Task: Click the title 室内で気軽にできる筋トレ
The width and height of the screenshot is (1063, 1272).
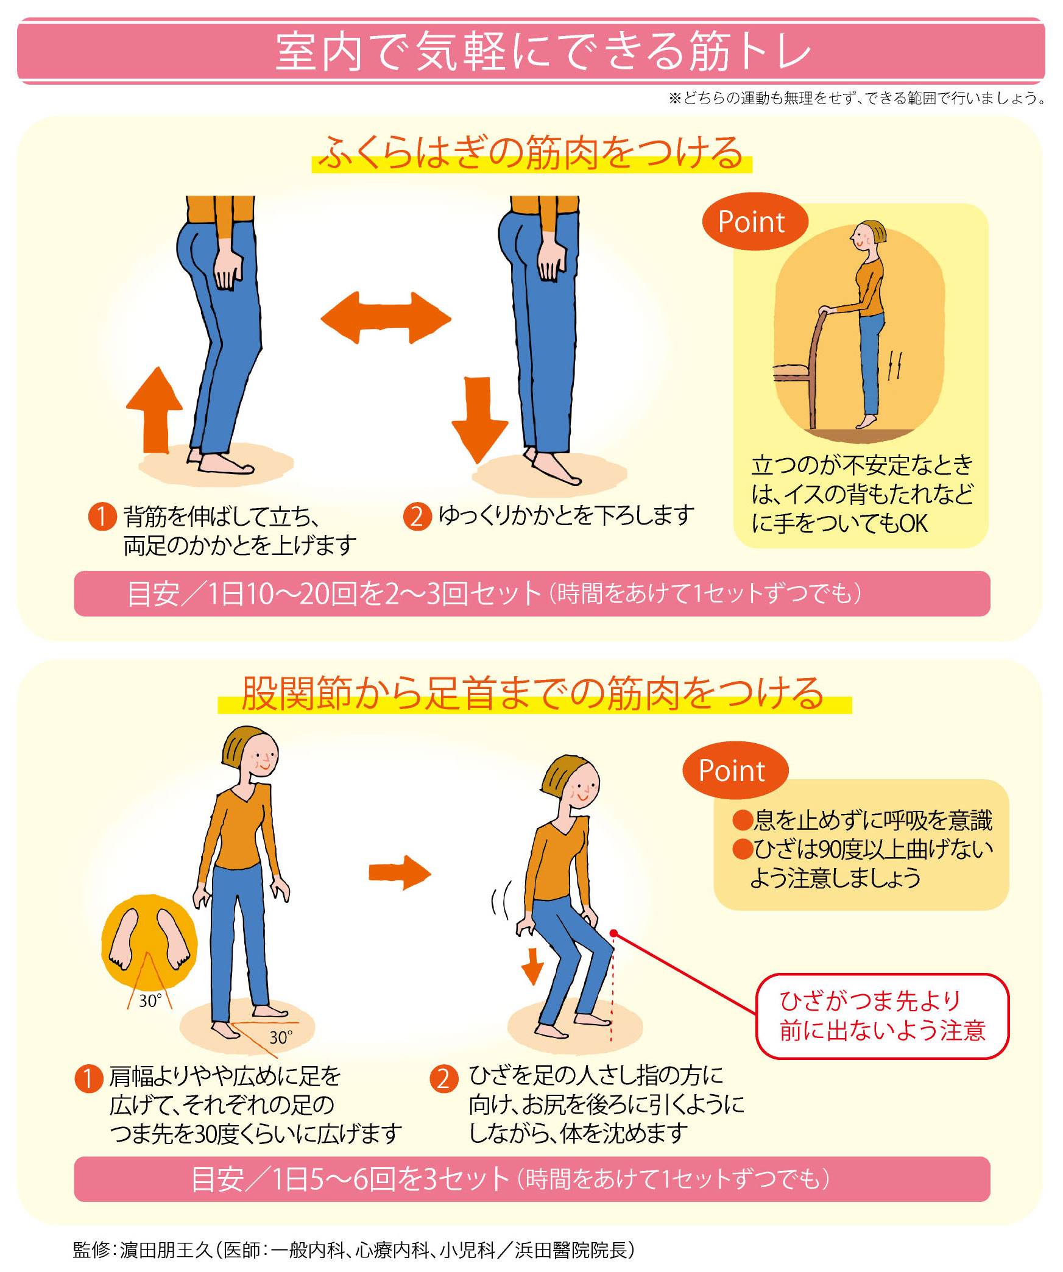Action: click(543, 52)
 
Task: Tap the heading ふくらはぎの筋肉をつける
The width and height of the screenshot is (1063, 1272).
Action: click(531, 153)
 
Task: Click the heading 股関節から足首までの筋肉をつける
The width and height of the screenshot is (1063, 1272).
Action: click(533, 694)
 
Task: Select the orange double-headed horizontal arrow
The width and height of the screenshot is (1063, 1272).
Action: click(386, 318)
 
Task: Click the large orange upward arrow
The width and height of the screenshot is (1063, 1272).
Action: click(155, 410)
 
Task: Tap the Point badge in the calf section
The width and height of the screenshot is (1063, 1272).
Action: click(755, 222)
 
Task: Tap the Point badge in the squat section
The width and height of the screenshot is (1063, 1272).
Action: click(735, 771)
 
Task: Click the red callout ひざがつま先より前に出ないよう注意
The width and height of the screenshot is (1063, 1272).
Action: click(882, 1016)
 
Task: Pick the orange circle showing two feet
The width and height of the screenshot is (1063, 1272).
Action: click(149, 942)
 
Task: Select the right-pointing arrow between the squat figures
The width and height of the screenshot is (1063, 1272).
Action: click(400, 873)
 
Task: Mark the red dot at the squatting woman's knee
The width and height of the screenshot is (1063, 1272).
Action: click(613, 933)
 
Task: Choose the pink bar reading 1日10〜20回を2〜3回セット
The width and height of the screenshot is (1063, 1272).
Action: click(532, 593)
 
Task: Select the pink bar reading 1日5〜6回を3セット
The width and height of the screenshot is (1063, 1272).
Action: click(532, 1179)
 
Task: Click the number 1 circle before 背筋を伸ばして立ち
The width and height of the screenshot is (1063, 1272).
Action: click(102, 516)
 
